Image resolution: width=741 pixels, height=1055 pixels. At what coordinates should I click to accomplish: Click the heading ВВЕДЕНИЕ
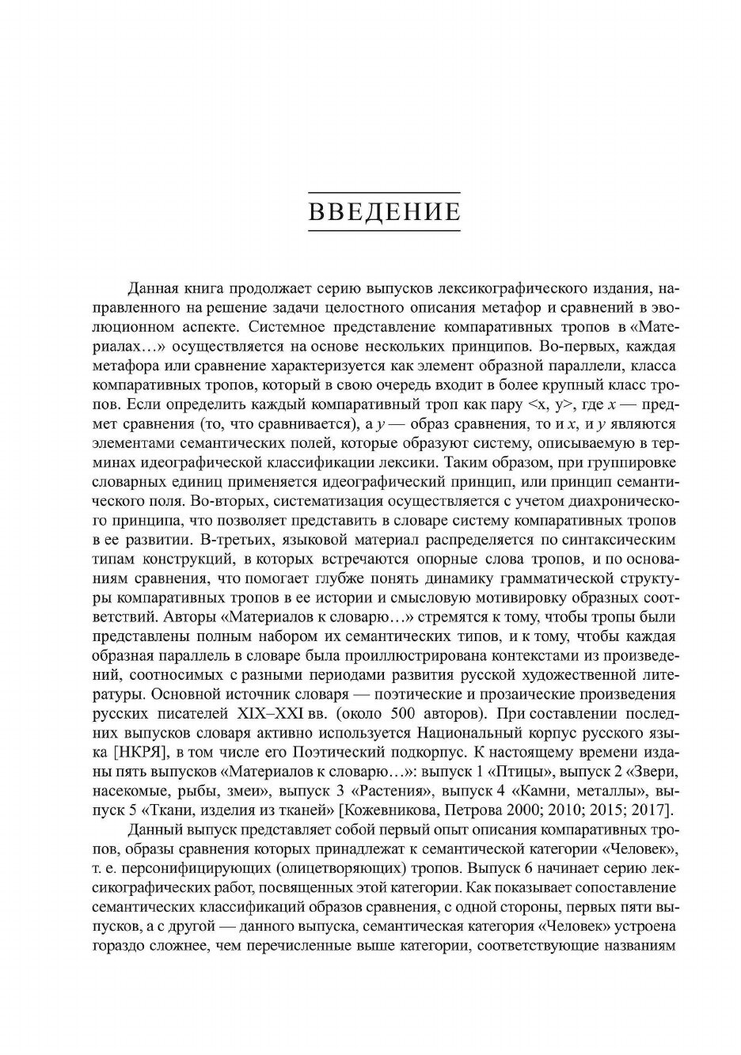(384, 212)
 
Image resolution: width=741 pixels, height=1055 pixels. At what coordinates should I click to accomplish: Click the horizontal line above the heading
(384, 193)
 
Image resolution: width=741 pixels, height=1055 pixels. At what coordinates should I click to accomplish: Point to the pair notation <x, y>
(543, 405)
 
